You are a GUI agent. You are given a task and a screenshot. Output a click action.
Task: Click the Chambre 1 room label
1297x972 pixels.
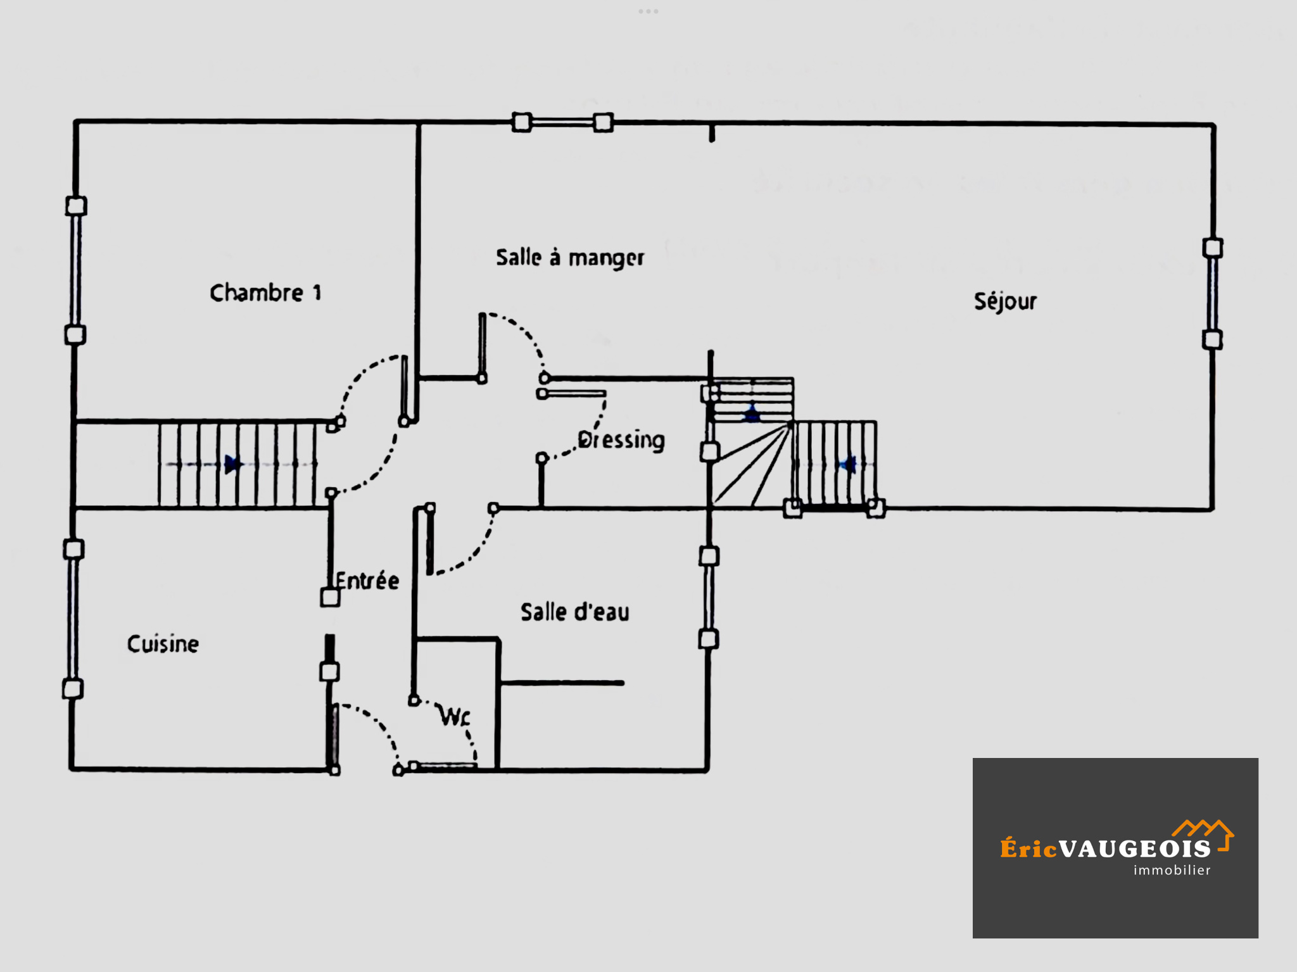point(265,293)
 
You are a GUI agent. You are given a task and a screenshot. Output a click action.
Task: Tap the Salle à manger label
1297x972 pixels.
point(570,258)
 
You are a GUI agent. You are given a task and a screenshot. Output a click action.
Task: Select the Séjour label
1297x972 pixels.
point(1005,301)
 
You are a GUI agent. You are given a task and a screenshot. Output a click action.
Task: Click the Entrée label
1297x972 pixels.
point(367,581)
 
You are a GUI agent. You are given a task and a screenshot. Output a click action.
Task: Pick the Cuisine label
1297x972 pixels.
point(163,644)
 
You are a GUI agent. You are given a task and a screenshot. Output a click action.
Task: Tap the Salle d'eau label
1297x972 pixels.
point(575,612)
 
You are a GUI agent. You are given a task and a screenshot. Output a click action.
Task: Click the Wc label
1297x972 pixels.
point(455,717)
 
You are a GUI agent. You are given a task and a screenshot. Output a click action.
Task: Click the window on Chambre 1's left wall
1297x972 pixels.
point(76,270)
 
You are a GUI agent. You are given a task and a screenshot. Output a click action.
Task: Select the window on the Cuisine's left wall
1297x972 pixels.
point(73,619)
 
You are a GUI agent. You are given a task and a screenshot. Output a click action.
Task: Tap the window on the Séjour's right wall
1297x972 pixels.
point(1212,293)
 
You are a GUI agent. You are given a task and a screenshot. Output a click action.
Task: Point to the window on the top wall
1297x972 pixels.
point(562,122)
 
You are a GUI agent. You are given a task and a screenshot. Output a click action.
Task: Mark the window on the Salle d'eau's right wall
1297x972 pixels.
point(709,598)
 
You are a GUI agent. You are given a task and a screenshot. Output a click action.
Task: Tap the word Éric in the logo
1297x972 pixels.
point(1028,848)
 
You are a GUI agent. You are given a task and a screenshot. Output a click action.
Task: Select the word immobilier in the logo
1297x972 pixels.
point(1172,870)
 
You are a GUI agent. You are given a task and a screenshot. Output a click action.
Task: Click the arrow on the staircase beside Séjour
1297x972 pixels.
point(847,465)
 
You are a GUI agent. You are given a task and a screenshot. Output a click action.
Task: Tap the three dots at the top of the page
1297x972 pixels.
point(648,11)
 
